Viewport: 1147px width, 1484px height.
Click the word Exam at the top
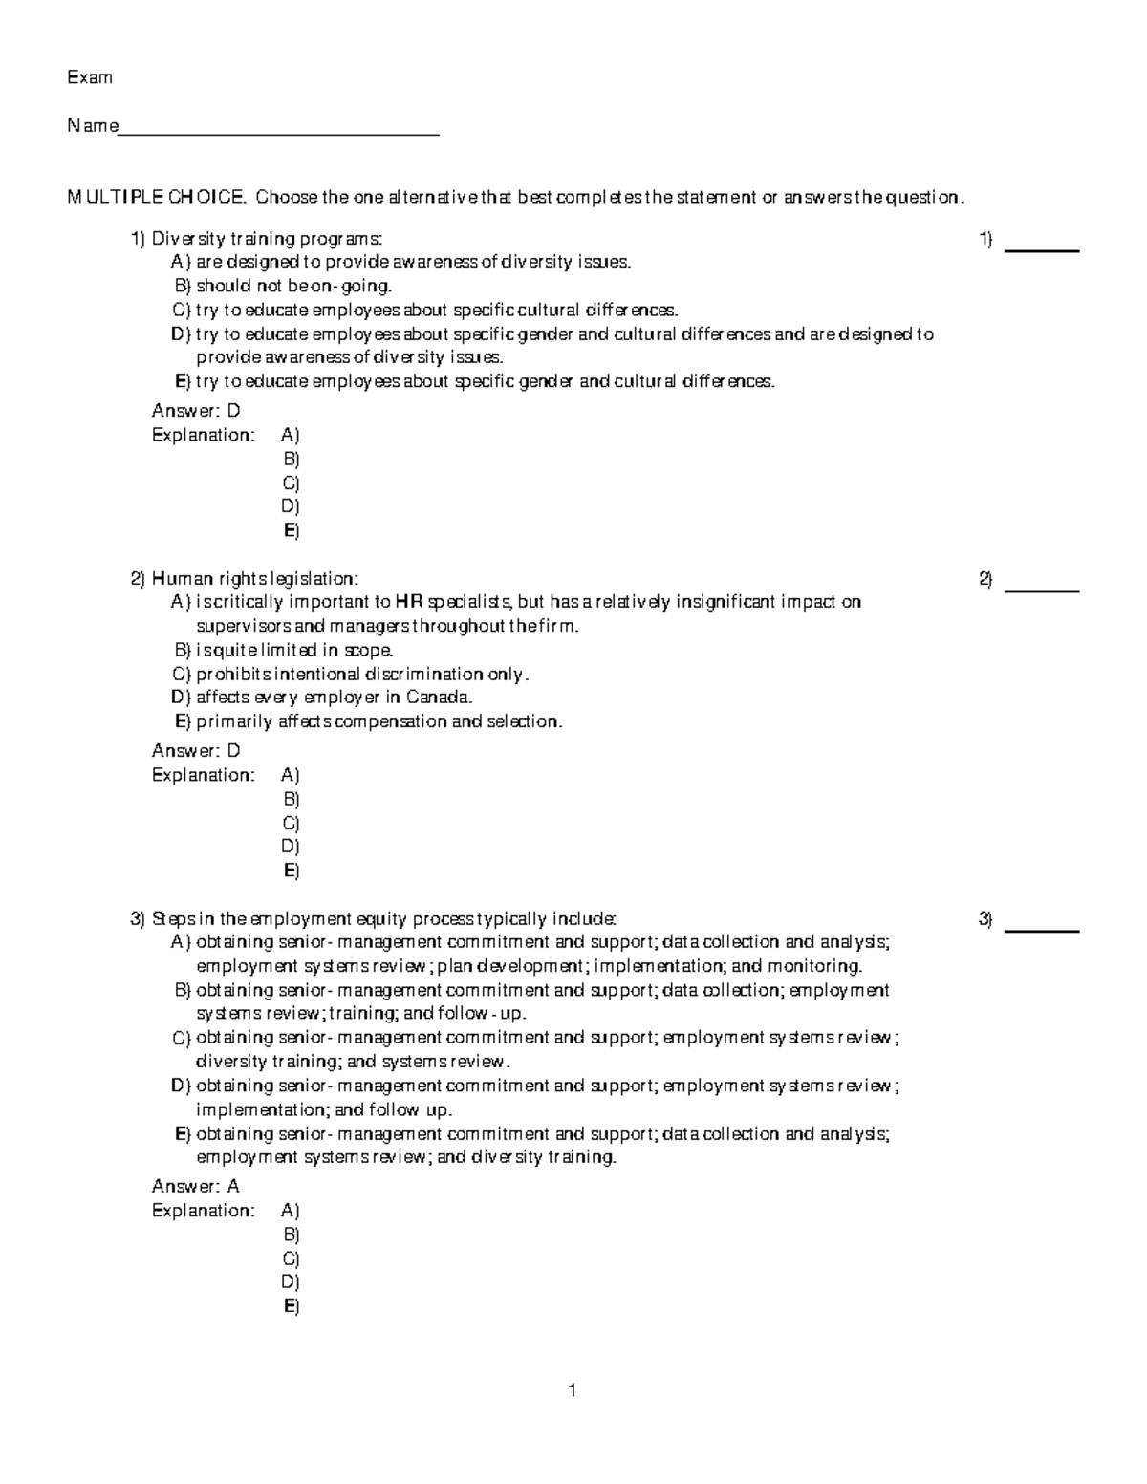(x=89, y=77)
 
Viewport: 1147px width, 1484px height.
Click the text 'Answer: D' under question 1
(x=196, y=411)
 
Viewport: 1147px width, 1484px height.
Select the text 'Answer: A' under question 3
(x=196, y=1186)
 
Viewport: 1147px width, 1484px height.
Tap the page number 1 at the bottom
(x=573, y=1390)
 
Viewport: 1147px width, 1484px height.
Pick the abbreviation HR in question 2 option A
(x=408, y=602)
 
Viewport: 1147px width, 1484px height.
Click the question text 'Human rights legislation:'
(x=255, y=578)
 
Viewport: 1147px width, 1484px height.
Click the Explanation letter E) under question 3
(x=292, y=1306)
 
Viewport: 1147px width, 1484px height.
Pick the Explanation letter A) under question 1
(x=291, y=435)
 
